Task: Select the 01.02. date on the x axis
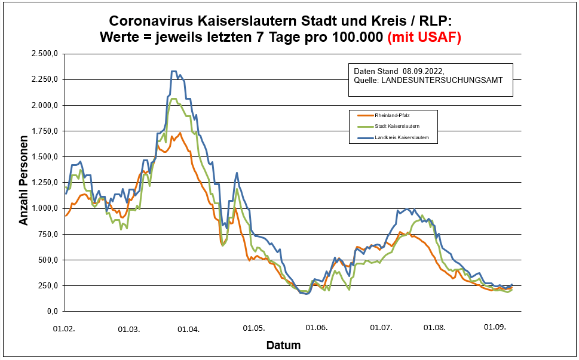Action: (x=65, y=328)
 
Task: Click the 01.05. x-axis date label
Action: (x=253, y=328)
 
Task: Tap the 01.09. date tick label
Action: (x=495, y=327)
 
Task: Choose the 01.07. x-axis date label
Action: (x=381, y=328)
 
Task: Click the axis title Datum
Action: (x=283, y=346)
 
